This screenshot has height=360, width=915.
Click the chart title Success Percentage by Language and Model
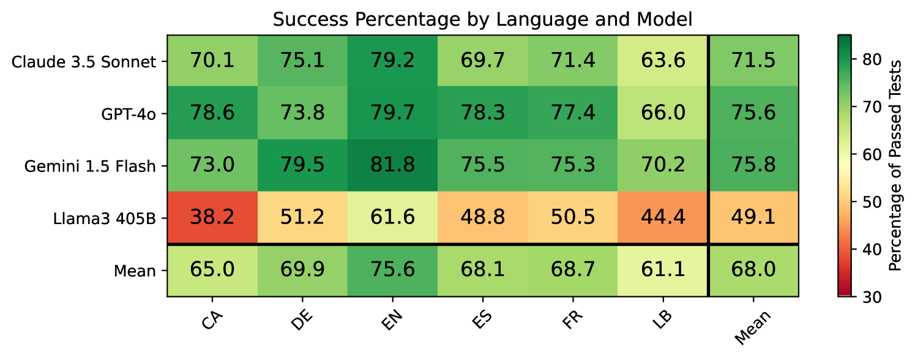click(x=482, y=20)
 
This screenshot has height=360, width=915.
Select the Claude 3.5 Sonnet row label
click(x=83, y=62)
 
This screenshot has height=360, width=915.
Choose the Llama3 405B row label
click(x=104, y=218)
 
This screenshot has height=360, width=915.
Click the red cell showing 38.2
click(x=212, y=218)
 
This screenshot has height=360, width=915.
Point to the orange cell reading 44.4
click(x=663, y=218)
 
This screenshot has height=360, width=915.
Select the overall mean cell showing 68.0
click(x=753, y=271)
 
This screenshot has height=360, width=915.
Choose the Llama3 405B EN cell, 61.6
click(x=392, y=218)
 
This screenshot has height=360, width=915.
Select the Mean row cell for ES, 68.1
click(x=483, y=271)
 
